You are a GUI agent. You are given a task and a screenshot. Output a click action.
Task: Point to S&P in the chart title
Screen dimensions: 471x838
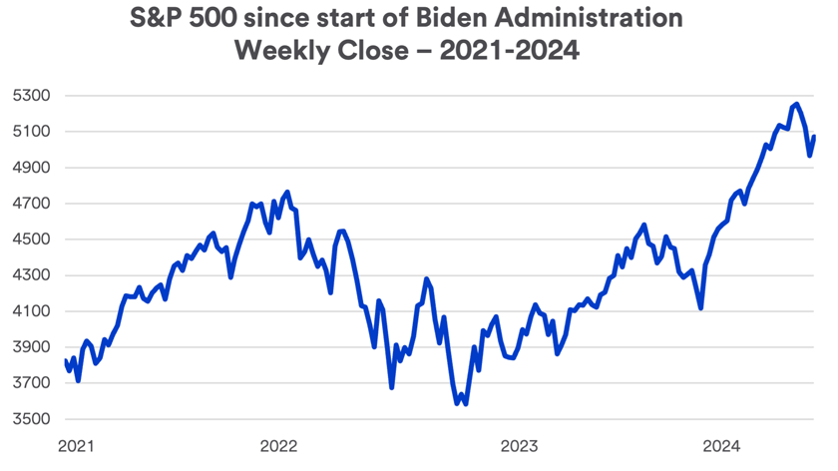[x=160, y=20]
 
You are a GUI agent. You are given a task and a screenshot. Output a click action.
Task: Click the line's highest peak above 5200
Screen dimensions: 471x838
[x=795, y=104]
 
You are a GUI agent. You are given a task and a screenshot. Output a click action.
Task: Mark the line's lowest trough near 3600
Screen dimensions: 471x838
[x=466, y=404]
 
